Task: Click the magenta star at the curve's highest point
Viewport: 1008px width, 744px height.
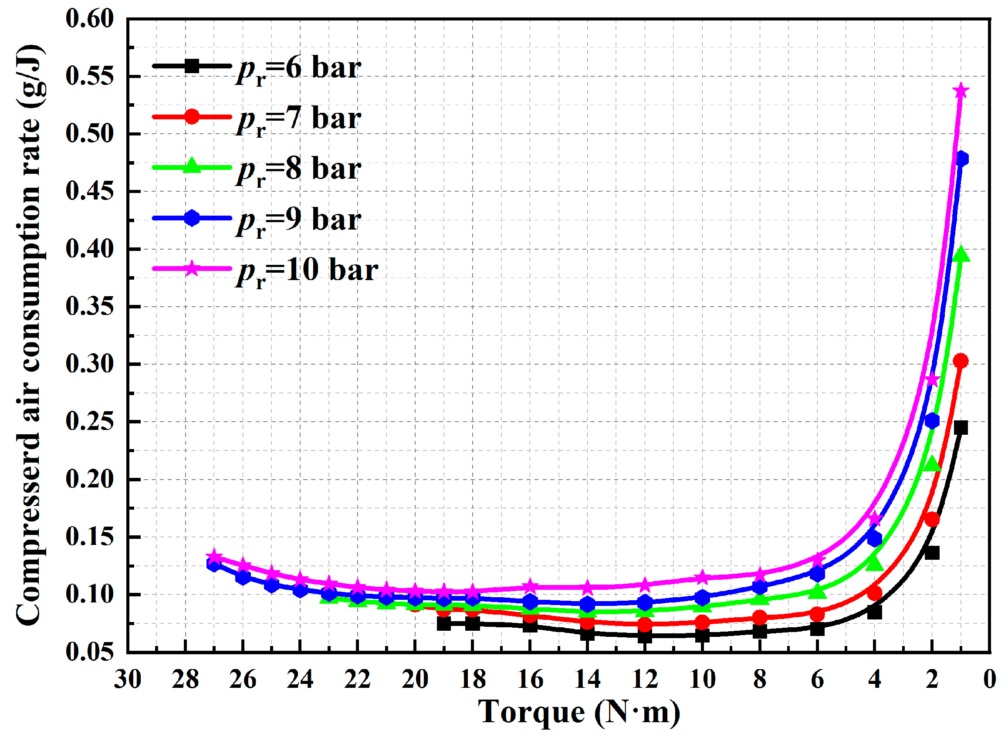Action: [961, 91]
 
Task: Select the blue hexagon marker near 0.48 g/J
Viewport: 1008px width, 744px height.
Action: [961, 159]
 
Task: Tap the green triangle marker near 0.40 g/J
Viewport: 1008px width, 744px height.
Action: [961, 255]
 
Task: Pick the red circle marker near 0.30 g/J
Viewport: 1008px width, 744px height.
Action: [961, 361]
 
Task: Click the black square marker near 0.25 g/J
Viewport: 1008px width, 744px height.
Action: [961, 428]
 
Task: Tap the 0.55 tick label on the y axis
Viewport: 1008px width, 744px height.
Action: [90, 76]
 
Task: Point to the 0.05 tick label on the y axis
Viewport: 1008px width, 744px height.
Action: [90, 652]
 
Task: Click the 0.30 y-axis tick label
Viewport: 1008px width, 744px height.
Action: [90, 364]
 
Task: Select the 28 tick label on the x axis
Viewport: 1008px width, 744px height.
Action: [185, 679]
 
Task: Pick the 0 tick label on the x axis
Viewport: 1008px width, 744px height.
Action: [990, 679]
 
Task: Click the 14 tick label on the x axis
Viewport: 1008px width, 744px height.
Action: [588, 679]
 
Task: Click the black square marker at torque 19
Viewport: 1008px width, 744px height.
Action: [444, 624]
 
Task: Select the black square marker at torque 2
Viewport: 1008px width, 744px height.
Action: [932, 553]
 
